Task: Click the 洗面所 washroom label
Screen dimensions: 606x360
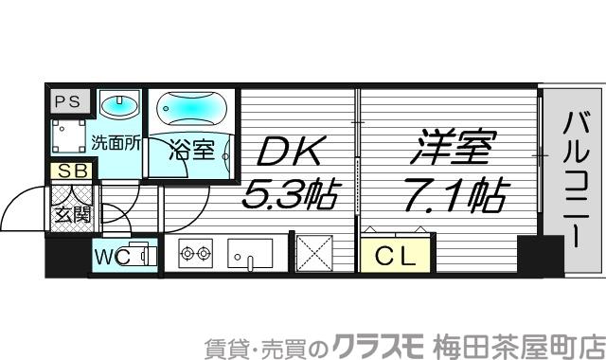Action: [116, 145]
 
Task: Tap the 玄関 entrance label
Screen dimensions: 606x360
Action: [73, 213]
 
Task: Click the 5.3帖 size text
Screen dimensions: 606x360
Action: [290, 197]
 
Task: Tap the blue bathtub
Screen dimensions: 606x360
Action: [190, 111]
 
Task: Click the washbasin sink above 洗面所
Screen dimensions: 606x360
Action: [118, 105]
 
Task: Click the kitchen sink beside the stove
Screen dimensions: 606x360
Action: [249, 254]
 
